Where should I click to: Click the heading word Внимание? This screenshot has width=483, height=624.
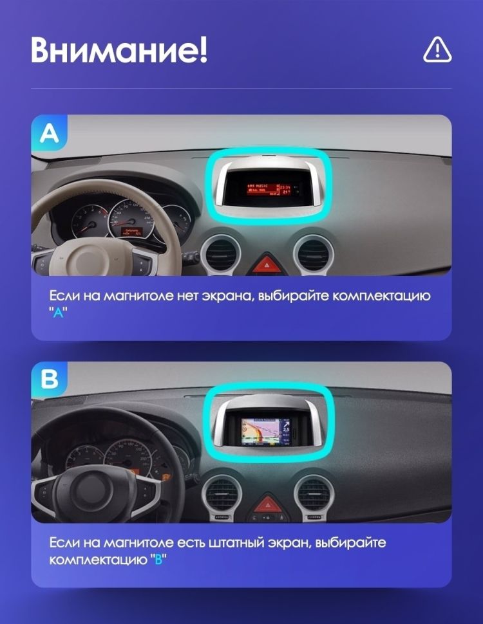tap(119, 50)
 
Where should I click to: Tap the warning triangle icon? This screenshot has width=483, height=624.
tap(437, 50)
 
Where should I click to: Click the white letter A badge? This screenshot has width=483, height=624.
tap(49, 133)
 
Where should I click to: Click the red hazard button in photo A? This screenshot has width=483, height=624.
tap(265, 263)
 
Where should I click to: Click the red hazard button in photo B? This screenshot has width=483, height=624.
tap(266, 504)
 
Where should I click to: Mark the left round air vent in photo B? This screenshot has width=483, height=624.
tap(222, 497)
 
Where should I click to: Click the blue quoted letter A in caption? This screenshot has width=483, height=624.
tap(58, 311)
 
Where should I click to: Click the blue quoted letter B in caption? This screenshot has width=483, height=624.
tap(158, 559)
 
